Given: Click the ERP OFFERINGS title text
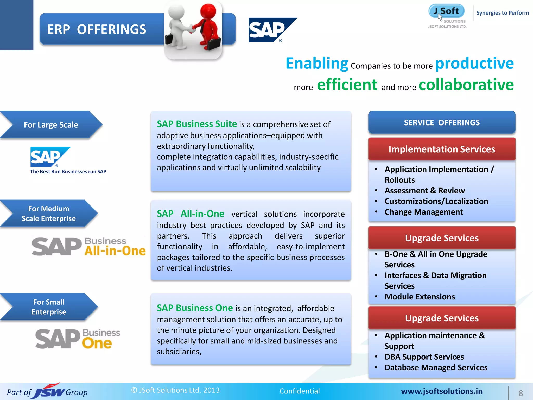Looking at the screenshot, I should click(97, 29).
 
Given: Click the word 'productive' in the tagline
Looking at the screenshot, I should click(474, 63).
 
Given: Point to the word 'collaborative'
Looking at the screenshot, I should click(466, 85).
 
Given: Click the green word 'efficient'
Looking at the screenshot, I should click(347, 85).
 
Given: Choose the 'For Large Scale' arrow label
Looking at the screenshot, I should click(51, 125).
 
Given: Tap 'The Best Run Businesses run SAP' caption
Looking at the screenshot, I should click(68, 172).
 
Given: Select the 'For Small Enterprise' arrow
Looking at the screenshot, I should click(49, 307).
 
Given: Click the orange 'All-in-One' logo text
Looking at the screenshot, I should click(115, 251).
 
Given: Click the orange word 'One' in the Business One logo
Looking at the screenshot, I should click(97, 343).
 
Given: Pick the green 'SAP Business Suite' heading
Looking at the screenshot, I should click(197, 124).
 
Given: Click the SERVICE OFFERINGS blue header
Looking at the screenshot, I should click(442, 122).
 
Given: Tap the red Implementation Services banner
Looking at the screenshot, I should click(442, 149).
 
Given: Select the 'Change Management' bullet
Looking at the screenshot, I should click(424, 212).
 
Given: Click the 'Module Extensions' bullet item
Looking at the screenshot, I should click(420, 297).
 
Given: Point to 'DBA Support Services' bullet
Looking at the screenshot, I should click(424, 357).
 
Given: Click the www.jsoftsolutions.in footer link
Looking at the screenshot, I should click(442, 391).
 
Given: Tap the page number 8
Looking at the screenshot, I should click(521, 393).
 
